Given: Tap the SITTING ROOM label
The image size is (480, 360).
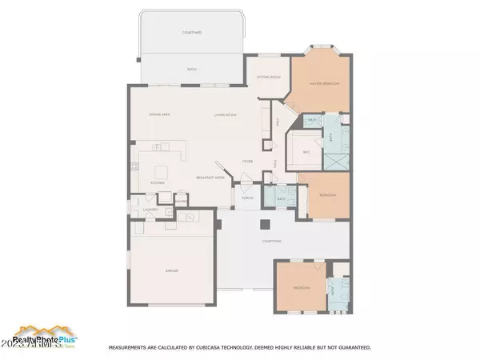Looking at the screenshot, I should click(268, 77).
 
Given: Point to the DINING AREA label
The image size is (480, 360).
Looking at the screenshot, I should click(158, 115).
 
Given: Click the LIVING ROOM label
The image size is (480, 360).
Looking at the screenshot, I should click(224, 115).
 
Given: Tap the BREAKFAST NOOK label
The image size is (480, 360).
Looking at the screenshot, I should click(210, 177).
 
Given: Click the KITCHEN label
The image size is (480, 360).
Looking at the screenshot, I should click(157, 182).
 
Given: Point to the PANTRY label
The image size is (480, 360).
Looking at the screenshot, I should click(181, 201).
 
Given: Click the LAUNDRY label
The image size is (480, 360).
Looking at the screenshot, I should click(150, 210).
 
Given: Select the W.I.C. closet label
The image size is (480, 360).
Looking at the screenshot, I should click(306, 152).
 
